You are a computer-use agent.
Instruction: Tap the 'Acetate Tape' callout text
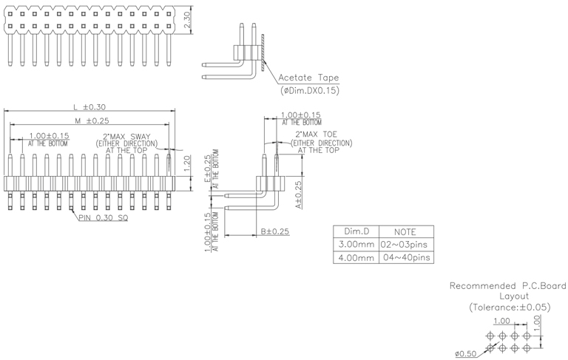308,78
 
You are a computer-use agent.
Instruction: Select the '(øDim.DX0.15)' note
310,90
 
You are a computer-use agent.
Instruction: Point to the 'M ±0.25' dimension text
91,120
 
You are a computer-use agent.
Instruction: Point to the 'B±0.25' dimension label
274,231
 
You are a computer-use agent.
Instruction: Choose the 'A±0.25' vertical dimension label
298,193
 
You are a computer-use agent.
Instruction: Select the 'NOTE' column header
405,231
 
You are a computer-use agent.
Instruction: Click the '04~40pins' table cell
405,257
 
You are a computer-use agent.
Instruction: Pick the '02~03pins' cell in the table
405,244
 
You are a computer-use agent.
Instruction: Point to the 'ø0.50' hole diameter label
466,353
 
